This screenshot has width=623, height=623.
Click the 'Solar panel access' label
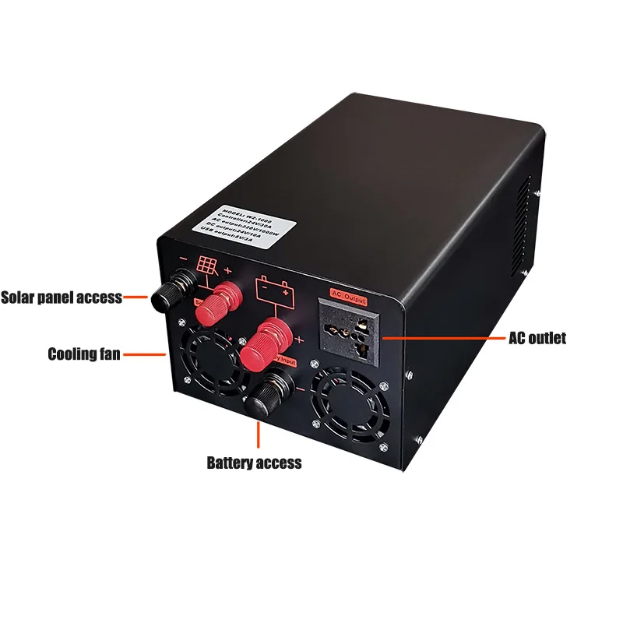pos(62,297)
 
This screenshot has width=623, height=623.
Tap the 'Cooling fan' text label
pos(84,354)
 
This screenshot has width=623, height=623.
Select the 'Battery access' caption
pos(254,463)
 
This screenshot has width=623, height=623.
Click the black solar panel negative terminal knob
pos(165,294)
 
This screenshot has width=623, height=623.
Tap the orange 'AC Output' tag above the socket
pos(348,295)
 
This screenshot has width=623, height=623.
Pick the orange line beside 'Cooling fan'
pos(145,354)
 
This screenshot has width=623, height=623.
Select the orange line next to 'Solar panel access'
pos(136,297)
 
